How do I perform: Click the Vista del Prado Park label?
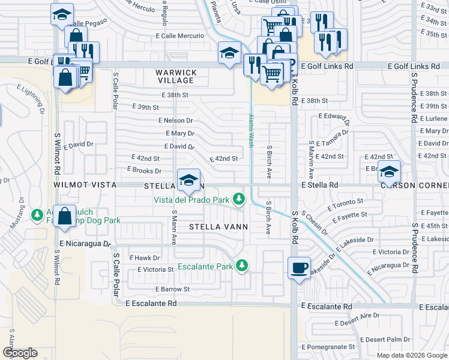(191, 199)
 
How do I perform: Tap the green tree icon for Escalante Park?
(242, 265)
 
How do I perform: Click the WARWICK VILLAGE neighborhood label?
(176, 76)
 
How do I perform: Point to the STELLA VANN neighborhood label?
(215, 227)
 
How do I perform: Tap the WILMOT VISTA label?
(84, 185)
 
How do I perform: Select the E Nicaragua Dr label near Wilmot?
(85, 244)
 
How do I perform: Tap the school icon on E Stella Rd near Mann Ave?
(188, 180)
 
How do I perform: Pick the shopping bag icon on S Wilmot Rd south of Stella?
(64, 216)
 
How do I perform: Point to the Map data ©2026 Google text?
(411, 355)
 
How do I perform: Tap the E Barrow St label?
(172, 289)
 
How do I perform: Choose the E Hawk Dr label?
(143, 257)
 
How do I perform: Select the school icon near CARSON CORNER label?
(389, 172)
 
